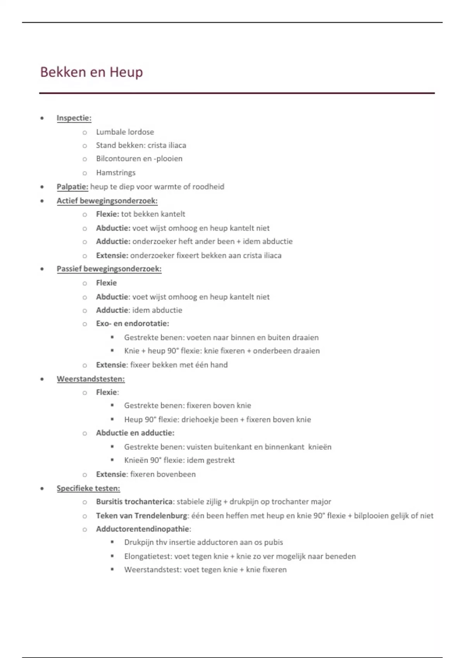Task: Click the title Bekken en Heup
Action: tap(91, 72)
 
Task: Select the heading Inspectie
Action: tap(74, 118)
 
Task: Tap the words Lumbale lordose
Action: tap(125, 132)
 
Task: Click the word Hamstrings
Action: tap(115, 173)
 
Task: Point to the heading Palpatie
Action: tap(72, 187)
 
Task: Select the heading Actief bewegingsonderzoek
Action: tap(107, 200)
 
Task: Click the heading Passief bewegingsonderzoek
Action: tap(109, 269)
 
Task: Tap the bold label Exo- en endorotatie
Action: tap(133, 324)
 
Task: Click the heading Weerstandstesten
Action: tap(91, 379)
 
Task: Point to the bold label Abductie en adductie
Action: tap(135, 433)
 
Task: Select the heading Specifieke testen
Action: tap(88, 488)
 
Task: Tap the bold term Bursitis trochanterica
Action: tap(134, 502)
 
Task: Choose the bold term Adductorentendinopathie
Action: tap(143, 529)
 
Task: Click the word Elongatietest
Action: tap(148, 556)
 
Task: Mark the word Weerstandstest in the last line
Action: tap(152, 570)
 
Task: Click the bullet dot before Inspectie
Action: tap(42, 118)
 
